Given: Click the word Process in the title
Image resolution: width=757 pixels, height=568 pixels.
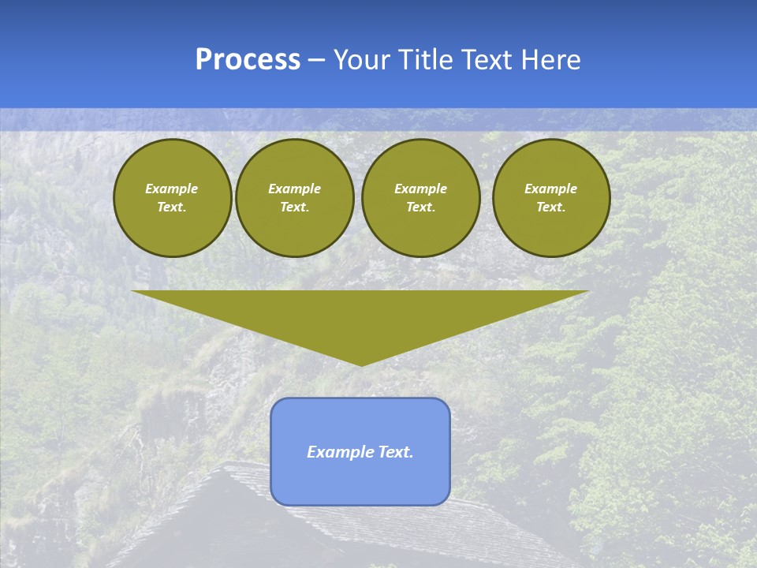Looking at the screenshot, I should (248, 60).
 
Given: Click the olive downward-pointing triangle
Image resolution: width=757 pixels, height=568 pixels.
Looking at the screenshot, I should (360, 316).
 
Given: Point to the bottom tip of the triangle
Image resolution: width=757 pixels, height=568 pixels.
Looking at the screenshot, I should (361, 364).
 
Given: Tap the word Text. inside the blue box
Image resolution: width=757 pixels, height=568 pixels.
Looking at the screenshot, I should (395, 452).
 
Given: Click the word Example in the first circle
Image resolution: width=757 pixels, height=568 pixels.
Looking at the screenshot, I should (172, 189).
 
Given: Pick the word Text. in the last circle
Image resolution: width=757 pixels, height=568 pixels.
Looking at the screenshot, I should (550, 207).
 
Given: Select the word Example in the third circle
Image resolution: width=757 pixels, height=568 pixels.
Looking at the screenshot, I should (420, 189).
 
